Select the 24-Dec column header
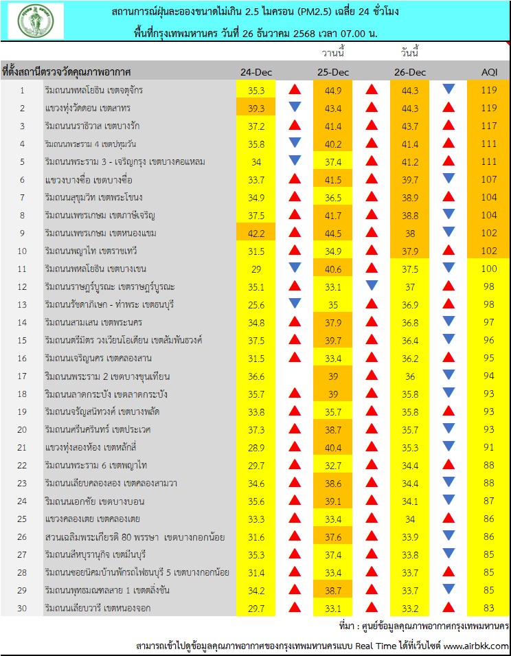[x=255, y=72]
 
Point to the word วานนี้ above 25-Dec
[x=332, y=53]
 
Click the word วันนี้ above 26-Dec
[x=410, y=53]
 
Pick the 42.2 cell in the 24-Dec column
[x=255, y=232]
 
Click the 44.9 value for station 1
[x=333, y=89]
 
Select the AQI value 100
[x=488, y=268]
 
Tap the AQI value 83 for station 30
[x=488, y=608]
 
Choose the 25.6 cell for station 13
[x=255, y=304]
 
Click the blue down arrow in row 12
[x=372, y=286]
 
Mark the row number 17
[x=22, y=376]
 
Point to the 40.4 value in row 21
[x=333, y=447]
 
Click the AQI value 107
[x=488, y=179]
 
